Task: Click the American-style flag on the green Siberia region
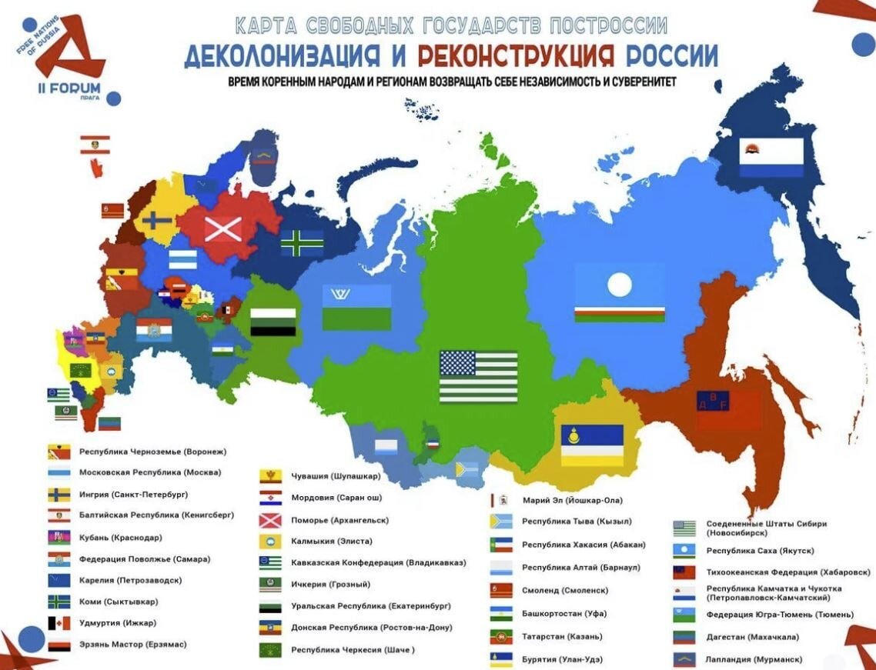[x=478, y=377]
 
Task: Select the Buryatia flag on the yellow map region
[x=591, y=445]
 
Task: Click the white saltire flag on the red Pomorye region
[x=222, y=228]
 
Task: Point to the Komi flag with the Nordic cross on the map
[x=302, y=243]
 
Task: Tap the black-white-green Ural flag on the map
[x=272, y=322]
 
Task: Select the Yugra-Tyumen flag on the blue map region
[x=356, y=307]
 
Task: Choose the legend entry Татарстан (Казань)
[x=561, y=636]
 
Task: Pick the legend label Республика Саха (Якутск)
[x=760, y=551]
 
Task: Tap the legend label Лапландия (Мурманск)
[x=754, y=659]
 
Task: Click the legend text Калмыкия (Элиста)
[x=331, y=541]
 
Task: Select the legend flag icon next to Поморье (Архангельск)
[x=270, y=520]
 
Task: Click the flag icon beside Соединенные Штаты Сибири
[x=684, y=528]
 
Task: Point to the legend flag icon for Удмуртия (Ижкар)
[x=59, y=623]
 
